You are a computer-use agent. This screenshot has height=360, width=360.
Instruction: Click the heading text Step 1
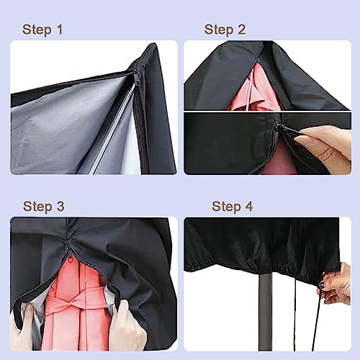point(42,30)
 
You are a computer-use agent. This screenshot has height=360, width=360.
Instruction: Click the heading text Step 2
point(225,30)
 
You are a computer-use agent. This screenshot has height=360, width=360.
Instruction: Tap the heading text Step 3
point(42,207)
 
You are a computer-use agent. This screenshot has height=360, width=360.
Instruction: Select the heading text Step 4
point(232,207)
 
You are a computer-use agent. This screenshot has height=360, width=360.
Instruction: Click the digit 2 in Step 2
point(241,30)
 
